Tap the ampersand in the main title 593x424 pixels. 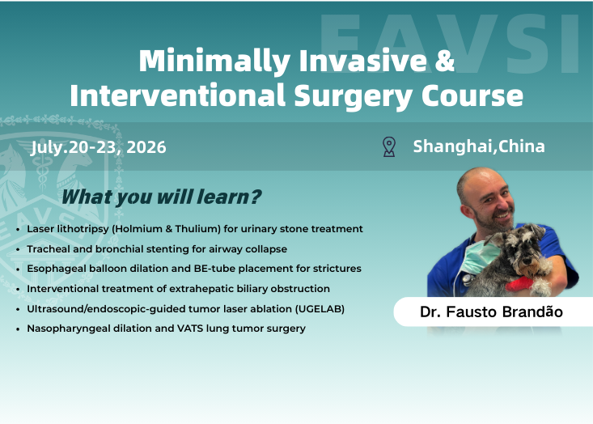pyautogui.click(x=444, y=61)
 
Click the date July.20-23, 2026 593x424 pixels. pyautogui.click(x=99, y=147)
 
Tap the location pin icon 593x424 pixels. pyautogui.click(x=389, y=146)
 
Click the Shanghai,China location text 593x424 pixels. pyautogui.click(x=478, y=146)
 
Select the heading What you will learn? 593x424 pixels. pyautogui.click(x=161, y=197)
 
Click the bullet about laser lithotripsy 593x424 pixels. pyautogui.click(x=194, y=229)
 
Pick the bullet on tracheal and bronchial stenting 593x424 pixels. pyautogui.click(x=157, y=249)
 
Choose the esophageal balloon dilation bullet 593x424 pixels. pyautogui.click(x=193, y=269)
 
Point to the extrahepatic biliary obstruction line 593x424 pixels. pyautogui.click(x=178, y=289)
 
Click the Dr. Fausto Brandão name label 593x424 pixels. pyautogui.click(x=491, y=311)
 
